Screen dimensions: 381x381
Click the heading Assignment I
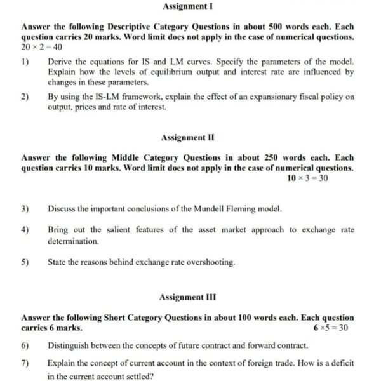click(x=188, y=6)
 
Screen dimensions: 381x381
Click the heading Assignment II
click(x=188, y=137)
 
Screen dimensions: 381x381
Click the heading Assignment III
click(x=188, y=297)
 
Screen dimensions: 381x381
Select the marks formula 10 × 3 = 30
click(x=308, y=178)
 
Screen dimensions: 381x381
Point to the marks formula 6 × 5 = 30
click(x=330, y=328)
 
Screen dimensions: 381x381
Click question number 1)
click(x=25, y=62)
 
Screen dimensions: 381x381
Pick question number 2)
click(x=25, y=97)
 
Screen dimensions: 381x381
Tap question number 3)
click(x=25, y=208)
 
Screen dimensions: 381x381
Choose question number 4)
click(x=25, y=230)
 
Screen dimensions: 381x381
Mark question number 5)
click(x=25, y=262)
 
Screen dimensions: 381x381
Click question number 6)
click(x=25, y=345)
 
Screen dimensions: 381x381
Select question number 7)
click(x=25, y=363)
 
